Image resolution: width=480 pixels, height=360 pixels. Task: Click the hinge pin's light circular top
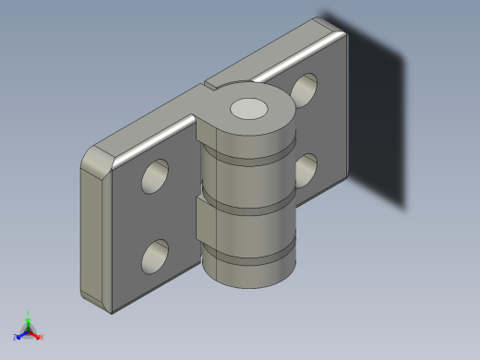tap(249, 109)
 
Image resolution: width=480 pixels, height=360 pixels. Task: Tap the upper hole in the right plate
tap(306, 88)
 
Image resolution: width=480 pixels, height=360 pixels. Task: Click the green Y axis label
tap(29, 313)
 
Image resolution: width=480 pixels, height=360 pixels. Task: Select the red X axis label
tap(42, 337)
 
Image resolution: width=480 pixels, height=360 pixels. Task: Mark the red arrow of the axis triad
tap(35, 334)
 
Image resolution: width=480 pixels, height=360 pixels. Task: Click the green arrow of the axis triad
tap(29, 321)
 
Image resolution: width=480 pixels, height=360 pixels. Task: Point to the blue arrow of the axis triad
tap(21, 334)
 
